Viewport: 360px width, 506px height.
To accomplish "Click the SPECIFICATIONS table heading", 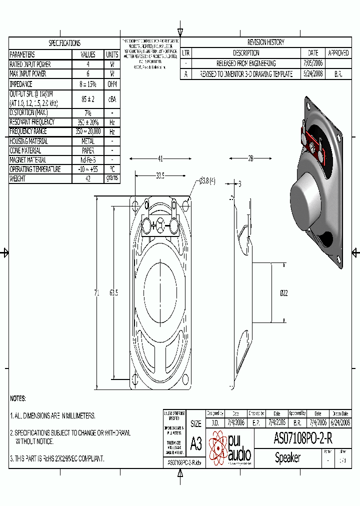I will (64, 43).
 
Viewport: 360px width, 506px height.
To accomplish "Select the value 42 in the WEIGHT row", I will (87, 178).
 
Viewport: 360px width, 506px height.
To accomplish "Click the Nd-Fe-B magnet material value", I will (87, 159).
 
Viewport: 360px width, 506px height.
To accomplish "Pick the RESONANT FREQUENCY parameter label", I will (32, 121).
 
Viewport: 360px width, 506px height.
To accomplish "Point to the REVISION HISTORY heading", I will (265, 42).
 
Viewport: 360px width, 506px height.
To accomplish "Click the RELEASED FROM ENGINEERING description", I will (245, 63).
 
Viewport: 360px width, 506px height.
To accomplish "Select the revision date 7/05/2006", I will (313, 63).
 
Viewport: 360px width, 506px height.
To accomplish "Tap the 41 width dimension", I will (160, 158).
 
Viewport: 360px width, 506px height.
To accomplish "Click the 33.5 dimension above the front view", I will (160, 175).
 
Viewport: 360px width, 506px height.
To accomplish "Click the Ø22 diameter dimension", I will (283, 292).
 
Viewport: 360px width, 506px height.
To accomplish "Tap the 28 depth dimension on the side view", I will (250, 158).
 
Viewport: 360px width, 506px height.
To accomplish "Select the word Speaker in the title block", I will (287, 457).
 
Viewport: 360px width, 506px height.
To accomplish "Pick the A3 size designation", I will (196, 443).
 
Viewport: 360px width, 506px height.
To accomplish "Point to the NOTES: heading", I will (18, 398).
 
